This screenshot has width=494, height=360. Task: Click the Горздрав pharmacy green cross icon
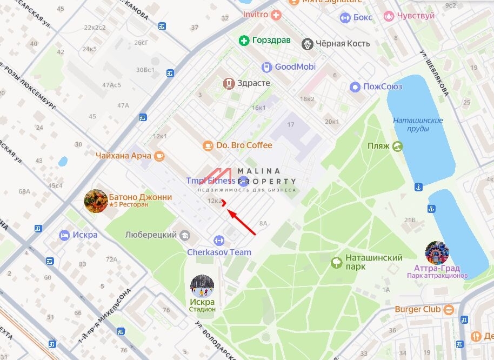244,41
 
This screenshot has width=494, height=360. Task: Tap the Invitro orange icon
277,15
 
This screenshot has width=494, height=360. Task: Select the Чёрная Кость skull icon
308,44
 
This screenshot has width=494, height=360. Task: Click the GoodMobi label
295,67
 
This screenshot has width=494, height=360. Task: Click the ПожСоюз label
383,86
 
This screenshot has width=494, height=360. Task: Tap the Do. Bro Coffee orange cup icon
208,145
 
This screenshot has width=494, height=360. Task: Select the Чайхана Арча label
123,156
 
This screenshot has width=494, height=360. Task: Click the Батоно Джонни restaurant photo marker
96,201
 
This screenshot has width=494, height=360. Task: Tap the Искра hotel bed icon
65,235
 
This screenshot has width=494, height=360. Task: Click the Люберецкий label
151,235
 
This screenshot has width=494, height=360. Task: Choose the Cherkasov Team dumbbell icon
219,240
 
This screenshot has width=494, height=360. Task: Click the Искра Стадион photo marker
202,286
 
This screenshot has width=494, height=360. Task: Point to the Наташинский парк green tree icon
337,263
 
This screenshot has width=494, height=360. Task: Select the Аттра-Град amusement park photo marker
437,253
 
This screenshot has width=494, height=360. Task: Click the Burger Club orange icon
449,310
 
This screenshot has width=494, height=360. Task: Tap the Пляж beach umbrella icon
398,146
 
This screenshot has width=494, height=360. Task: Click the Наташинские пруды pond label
418,124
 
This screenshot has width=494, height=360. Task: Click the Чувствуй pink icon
389,16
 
